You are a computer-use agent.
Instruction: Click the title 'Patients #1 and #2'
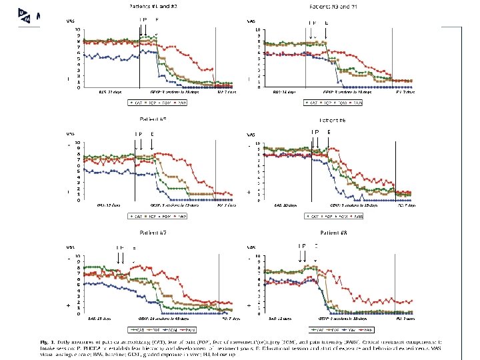pyautogui.click(x=152, y=7)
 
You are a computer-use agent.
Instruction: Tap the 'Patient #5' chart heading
pyautogui.click(x=153, y=119)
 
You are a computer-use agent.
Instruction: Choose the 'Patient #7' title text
pyautogui.click(x=153, y=233)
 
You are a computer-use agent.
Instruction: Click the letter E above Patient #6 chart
pyautogui.click(x=329, y=132)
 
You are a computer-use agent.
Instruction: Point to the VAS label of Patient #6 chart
pyautogui.click(x=251, y=135)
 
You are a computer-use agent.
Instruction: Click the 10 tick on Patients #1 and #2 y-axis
pyautogui.click(x=80, y=29)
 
